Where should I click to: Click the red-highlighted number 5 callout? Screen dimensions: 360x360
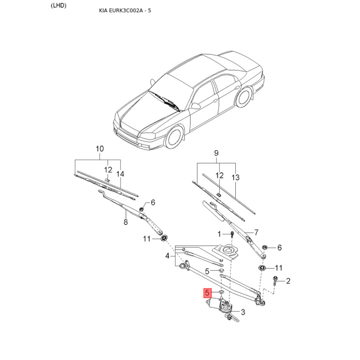tap(207, 293)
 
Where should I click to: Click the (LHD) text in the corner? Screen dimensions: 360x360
tap(58, 6)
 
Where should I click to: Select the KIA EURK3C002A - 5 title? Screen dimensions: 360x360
tap(125, 10)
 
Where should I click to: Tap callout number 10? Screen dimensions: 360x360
tap(99, 149)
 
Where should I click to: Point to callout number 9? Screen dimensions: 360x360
tap(216, 153)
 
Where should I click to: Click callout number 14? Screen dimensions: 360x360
tap(120, 174)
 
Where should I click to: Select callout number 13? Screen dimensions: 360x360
tap(235, 177)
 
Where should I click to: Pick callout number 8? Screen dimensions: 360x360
tap(126, 222)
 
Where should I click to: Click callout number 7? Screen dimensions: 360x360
tap(256, 232)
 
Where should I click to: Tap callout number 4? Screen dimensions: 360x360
tap(167, 256)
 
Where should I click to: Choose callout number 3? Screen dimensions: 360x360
tap(243, 312)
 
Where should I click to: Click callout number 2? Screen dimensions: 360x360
tap(288, 281)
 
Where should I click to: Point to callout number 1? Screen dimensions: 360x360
tap(219, 234)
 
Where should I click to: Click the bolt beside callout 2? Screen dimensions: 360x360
tap(275, 280)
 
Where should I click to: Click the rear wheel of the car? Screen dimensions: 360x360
tap(244, 97)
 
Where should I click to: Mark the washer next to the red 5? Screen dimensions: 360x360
tap(221, 292)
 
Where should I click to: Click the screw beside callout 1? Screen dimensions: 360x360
tap(232, 234)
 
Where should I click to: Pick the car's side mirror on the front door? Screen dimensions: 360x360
tap(195, 106)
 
